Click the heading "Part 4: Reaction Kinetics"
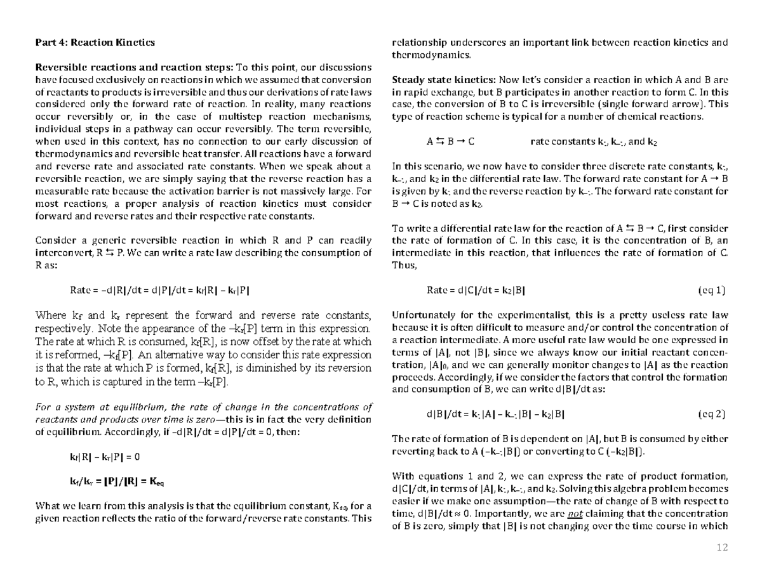(95, 42)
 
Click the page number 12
(722, 547)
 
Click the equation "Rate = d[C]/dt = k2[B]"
(476, 291)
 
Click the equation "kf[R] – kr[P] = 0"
(104, 457)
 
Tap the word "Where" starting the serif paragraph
(49, 315)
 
